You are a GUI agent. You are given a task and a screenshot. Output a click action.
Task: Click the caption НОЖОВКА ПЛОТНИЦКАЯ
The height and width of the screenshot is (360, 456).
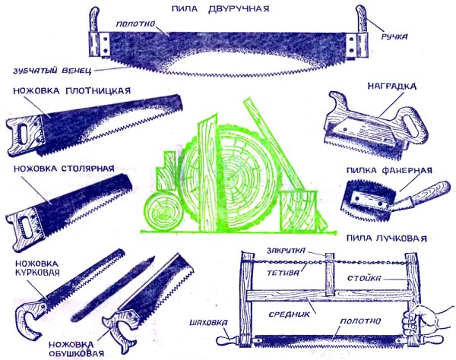point(71,90)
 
